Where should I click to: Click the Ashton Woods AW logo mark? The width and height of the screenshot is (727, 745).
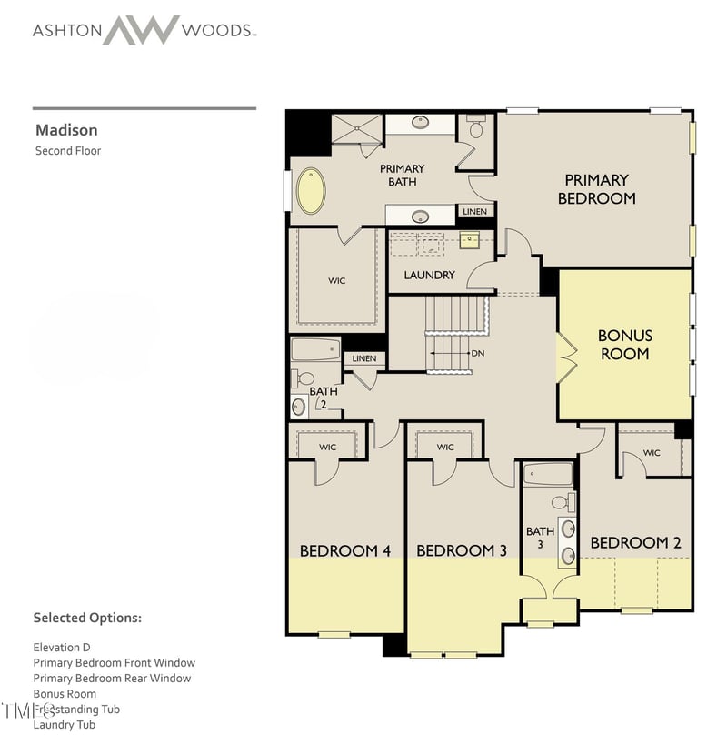[x=140, y=29]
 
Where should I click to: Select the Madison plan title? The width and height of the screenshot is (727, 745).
[x=66, y=130]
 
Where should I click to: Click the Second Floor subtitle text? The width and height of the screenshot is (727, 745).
[x=68, y=150]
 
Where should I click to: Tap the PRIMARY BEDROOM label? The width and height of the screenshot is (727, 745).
[x=596, y=189]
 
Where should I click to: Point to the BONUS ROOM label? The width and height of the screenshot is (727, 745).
[x=624, y=345]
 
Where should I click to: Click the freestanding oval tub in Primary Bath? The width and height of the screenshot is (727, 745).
[x=311, y=190]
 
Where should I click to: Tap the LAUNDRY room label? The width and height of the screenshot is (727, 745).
[x=429, y=275]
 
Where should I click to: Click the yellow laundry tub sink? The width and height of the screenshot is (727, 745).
[x=469, y=240]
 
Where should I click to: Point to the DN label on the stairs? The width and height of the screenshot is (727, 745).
[x=477, y=353]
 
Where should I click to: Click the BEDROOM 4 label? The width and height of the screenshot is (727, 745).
[x=345, y=550]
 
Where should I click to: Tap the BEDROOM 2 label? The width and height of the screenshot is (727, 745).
[x=635, y=543]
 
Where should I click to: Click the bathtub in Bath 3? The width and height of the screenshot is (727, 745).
[x=548, y=474]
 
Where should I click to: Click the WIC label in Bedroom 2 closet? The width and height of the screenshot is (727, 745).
[x=652, y=452]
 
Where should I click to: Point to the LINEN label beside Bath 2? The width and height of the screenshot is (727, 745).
[x=363, y=358]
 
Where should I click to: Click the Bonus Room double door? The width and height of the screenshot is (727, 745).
[x=567, y=357]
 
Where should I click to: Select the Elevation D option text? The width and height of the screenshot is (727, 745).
[x=62, y=647]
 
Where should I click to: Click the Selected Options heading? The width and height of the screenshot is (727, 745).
[x=87, y=618]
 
